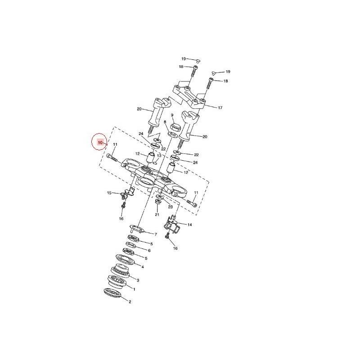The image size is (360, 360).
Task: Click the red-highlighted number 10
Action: click(x=100, y=143)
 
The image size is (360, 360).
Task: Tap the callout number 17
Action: click(x=220, y=108)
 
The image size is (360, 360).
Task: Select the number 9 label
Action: click(x=172, y=115)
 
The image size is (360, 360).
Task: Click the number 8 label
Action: click(x=165, y=122)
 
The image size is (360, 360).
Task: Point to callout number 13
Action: click(x=159, y=156)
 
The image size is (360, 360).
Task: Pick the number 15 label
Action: click(x=109, y=193)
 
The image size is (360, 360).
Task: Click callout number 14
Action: click(x=189, y=225)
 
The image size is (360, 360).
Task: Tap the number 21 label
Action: click(x=157, y=215)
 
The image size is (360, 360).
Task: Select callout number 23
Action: click(x=171, y=207)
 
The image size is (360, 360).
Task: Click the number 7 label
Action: click(x=156, y=234)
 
